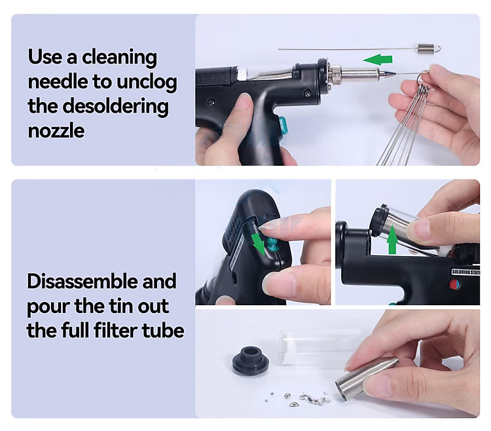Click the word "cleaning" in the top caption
pyautogui.click(x=119, y=58)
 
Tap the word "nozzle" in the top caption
pyautogui.click(x=56, y=130)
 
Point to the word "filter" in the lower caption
pyautogui.click(x=115, y=330)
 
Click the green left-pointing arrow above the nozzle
pyautogui.click(x=378, y=59)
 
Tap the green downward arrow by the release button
pyautogui.click(x=259, y=244)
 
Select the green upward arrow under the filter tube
pyautogui.click(x=392, y=244)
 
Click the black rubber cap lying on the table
pyautogui.click(x=251, y=360)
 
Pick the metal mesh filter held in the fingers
pyautogui.click(x=367, y=379)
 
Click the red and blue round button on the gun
pyautogui.click(x=454, y=284)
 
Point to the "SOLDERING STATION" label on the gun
pyautogui.click(x=465, y=271)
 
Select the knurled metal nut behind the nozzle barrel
pyautogui.click(x=335, y=75)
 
